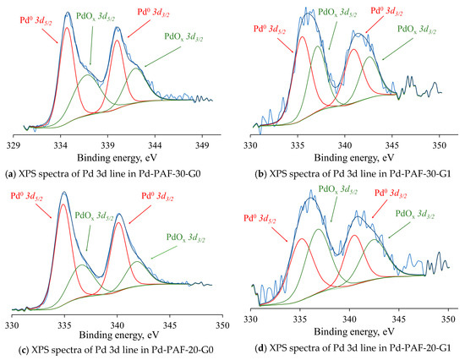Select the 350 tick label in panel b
pyautogui.click(x=440, y=145)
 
